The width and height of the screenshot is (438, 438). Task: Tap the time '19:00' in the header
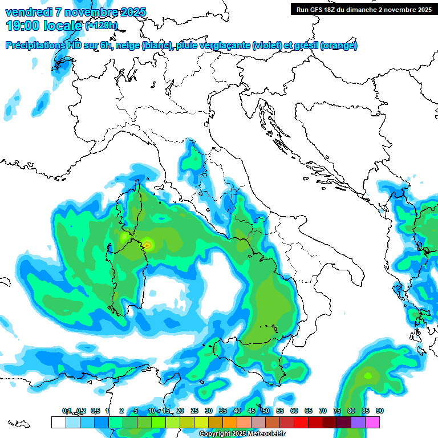tap(22, 25)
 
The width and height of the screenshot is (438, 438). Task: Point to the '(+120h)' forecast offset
tap(101, 26)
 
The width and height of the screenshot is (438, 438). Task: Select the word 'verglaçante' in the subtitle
tap(222, 45)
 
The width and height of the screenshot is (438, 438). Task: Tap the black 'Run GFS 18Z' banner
tap(363, 10)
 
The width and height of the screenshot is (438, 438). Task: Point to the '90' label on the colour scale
tap(380, 411)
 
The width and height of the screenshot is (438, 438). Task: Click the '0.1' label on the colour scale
tap(67, 411)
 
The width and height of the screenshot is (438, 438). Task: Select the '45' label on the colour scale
tap(252, 411)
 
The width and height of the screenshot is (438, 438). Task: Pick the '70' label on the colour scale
tap(323, 411)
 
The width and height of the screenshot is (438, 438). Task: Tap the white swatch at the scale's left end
tap(58, 422)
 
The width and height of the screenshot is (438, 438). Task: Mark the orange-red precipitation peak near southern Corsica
tap(147, 245)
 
